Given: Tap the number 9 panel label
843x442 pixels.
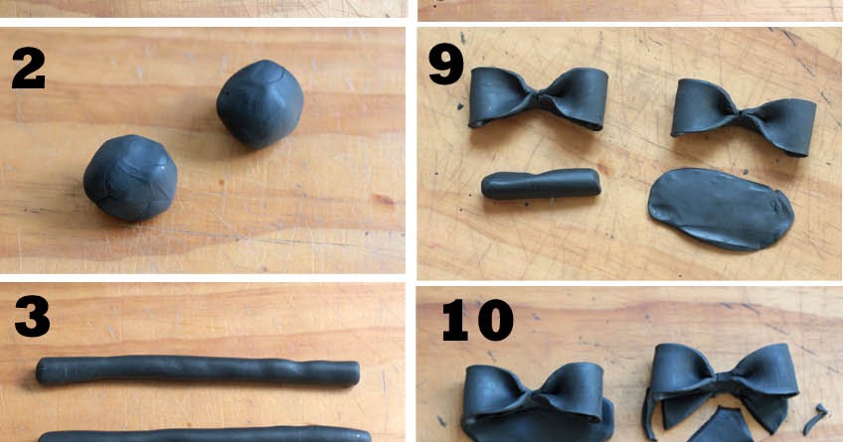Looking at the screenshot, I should [445, 65].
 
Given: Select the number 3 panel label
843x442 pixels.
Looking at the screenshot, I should [32, 317].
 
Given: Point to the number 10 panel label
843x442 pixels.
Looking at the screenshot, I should [476, 321].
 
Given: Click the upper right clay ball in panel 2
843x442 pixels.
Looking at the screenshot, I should [260, 103].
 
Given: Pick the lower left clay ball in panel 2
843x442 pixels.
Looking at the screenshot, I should [130, 178].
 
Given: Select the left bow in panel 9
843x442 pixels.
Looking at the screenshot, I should [538, 98].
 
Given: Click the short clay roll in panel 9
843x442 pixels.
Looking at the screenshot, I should [541, 184].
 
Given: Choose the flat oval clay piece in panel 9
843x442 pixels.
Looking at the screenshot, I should [721, 207].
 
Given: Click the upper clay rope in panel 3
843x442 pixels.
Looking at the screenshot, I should [197, 371].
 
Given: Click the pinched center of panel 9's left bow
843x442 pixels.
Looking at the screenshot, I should [539, 97].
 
